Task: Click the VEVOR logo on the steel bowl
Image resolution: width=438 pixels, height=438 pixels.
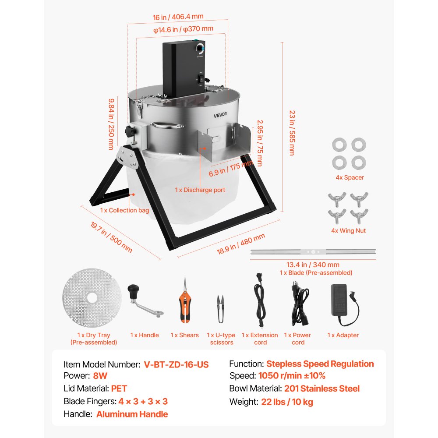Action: (x=220, y=114)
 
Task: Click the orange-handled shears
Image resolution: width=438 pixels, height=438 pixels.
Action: (x=184, y=300)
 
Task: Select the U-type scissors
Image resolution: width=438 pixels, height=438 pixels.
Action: (x=221, y=309)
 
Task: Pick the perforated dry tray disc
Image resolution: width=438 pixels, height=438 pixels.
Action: (x=92, y=298)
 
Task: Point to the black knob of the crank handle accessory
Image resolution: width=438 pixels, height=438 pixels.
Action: (x=133, y=291)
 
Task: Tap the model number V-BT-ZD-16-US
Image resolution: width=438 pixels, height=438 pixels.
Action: (x=176, y=364)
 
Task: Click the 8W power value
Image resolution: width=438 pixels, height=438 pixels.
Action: (x=100, y=376)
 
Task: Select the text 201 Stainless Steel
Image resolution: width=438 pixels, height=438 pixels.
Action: (x=322, y=389)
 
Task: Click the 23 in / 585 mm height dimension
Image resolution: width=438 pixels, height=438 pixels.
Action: (x=292, y=133)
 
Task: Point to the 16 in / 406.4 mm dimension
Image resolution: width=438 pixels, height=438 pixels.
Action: (x=178, y=17)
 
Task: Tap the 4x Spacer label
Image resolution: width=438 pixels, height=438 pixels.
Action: (x=350, y=177)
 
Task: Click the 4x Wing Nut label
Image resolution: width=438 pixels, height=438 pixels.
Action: (x=348, y=231)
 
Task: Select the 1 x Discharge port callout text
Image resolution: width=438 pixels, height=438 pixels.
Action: (x=200, y=190)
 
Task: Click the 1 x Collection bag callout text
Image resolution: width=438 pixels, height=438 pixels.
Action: (x=124, y=210)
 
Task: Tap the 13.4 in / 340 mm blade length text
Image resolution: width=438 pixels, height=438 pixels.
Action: (x=313, y=265)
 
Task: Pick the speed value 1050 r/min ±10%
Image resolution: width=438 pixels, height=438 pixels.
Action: (x=292, y=376)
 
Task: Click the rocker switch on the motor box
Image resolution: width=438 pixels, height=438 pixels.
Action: (x=201, y=79)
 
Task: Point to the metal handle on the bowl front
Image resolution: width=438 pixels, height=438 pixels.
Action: (x=167, y=125)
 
